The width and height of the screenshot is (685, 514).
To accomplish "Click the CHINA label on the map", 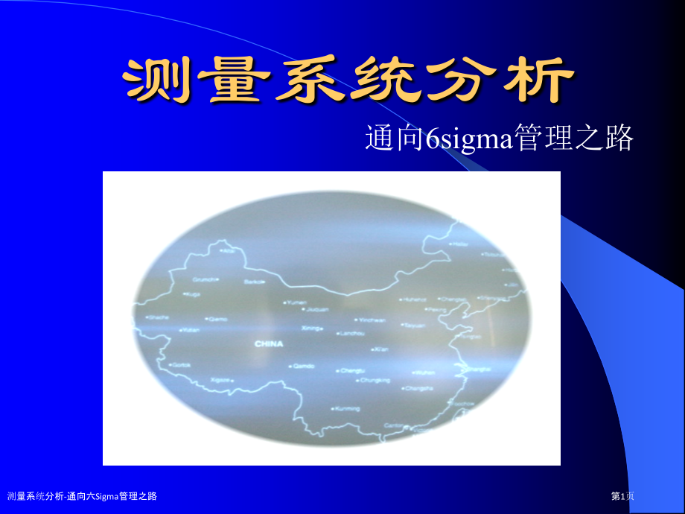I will tap(269, 344).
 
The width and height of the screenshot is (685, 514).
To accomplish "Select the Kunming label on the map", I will tap(347, 408).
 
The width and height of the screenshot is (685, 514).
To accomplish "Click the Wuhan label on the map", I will tap(424, 372).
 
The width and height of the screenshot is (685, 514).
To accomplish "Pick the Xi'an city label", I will tap(380, 349).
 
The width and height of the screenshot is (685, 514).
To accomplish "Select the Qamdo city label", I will tap(305, 366).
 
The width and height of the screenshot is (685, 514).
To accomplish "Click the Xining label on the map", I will tap(310, 328).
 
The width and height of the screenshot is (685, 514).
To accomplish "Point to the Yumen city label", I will tap(296, 302).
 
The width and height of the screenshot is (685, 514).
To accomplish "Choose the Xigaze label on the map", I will tap(221, 379).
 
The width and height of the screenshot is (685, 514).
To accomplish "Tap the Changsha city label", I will tap(420, 388).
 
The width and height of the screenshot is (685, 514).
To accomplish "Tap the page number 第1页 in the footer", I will tap(622, 496).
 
